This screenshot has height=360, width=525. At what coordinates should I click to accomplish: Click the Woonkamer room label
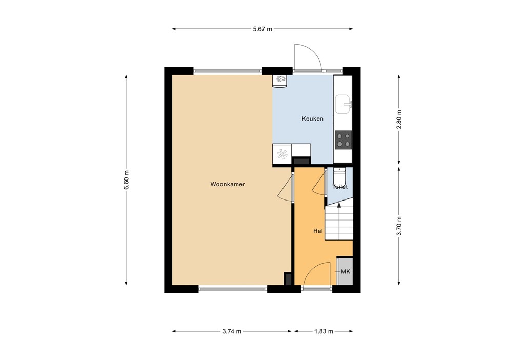coord(227,184)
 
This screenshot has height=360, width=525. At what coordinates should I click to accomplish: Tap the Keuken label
coord(312,118)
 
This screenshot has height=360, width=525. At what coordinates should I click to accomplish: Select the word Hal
coord(318,231)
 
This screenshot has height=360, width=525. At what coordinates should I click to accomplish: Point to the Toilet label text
coord(340,187)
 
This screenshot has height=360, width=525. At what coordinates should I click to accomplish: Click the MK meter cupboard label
coord(345,271)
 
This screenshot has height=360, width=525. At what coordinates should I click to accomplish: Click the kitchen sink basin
coord(342,105)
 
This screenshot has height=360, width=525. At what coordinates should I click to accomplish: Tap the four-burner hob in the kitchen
coord(343,139)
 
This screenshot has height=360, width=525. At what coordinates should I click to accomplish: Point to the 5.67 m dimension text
coord(262,29)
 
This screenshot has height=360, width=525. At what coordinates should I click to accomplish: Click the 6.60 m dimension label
coord(126,180)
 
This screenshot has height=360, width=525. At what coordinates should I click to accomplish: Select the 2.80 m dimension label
coord(400,119)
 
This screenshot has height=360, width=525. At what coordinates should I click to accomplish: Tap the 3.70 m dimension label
coord(400,226)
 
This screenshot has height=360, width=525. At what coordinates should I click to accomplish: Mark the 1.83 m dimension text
coord(324,331)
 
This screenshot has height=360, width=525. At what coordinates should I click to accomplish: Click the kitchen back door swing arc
coord(308,55)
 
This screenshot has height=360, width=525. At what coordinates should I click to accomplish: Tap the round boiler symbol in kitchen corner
coord(279,79)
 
